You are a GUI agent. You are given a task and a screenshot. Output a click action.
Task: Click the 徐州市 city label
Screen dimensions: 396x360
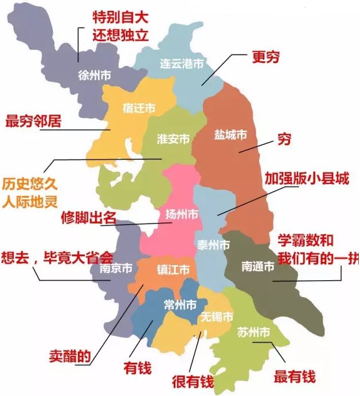pyautogui.click(x=95, y=75)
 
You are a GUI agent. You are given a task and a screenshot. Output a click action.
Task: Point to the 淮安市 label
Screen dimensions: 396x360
pyautogui.click(x=174, y=139)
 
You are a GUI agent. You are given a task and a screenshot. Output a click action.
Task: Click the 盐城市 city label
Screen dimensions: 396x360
pyautogui.click(x=230, y=135)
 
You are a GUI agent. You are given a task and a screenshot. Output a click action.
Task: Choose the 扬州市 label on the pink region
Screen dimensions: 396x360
pyautogui.click(x=182, y=214)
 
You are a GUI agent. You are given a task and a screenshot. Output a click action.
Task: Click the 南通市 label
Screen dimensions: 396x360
pyautogui.click(x=258, y=266)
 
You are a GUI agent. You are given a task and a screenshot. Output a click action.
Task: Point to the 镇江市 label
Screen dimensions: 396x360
pyautogui.click(x=173, y=269)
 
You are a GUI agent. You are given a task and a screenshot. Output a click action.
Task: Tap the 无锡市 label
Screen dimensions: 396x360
pyautogui.click(x=217, y=317)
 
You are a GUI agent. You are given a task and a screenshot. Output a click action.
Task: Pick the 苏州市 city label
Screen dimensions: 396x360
pyautogui.click(x=253, y=332)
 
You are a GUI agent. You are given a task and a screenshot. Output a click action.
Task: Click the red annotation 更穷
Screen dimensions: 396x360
pyautogui.click(x=267, y=58)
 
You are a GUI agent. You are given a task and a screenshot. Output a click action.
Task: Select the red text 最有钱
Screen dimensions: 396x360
pyautogui.click(x=295, y=377)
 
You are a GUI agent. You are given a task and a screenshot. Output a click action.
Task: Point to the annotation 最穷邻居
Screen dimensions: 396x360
pyautogui.click(x=33, y=121)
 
